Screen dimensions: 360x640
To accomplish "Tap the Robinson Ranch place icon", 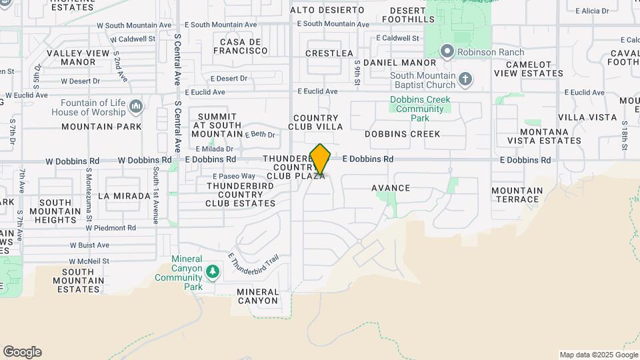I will point(447,51).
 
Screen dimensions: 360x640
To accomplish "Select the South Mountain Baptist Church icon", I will point(465,80).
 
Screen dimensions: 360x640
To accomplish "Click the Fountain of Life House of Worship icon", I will point(136,107).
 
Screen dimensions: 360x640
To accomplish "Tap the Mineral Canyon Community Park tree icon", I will point(213,271).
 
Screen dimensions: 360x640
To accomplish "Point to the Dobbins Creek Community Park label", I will point(419,109).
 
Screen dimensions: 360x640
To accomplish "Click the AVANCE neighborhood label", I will point(391,188).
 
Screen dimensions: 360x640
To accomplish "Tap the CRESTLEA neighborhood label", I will point(329,53).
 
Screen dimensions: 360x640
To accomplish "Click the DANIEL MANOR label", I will point(390,63).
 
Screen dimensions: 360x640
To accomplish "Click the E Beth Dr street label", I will point(260,135).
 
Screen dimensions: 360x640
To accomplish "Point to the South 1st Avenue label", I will point(155,194).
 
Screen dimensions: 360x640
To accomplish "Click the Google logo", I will point(22,352).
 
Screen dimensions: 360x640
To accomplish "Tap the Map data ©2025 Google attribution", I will point(598,355).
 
